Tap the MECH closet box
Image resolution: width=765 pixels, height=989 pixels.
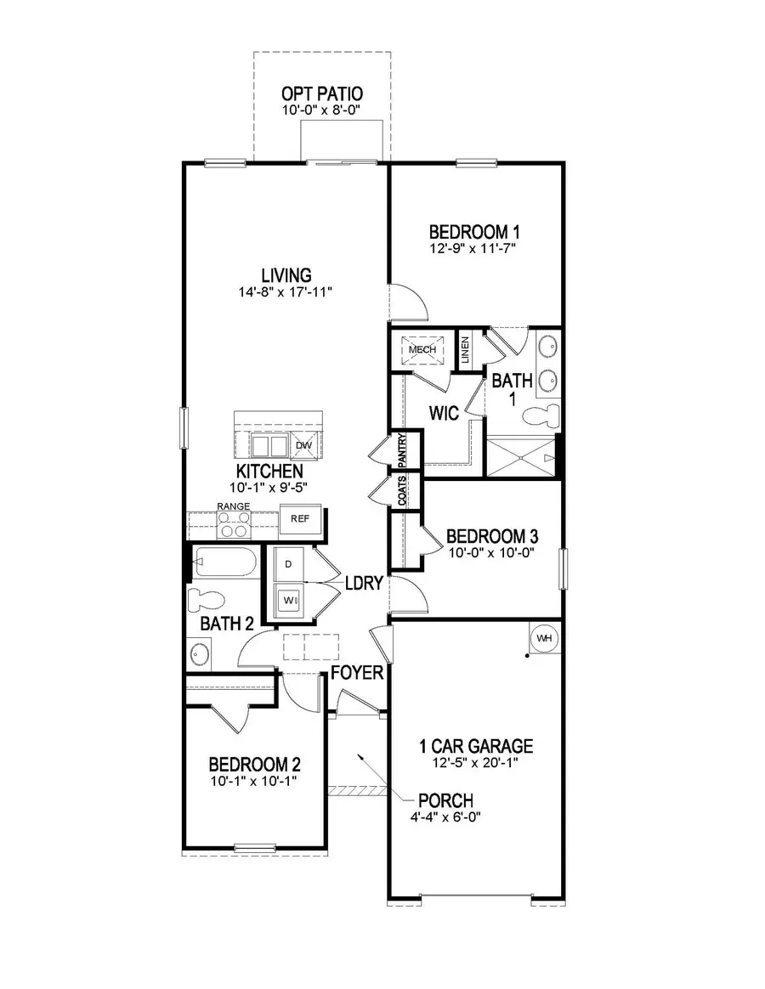pyautogui.click(x=422, y=349)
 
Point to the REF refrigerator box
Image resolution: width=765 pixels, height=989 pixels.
pyautogui.click(x=300, y=518)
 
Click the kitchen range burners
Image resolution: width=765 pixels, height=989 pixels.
pyautogui.click(x=233, y=525)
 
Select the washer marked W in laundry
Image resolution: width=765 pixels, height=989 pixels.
pyautogui.click(x=289, y=598)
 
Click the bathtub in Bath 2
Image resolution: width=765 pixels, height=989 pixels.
pyautogui.click(x=224, y=562)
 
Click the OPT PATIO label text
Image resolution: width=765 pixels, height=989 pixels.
pyautogui.click(x=321, y=93)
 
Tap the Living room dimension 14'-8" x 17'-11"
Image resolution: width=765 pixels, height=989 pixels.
pyautogui.click(x=286, y=292)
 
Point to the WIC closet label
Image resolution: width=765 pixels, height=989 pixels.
pyautogui.click(x=444, y=414)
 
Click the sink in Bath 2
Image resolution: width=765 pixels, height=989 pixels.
pyautogui.click(x=201, y=655)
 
